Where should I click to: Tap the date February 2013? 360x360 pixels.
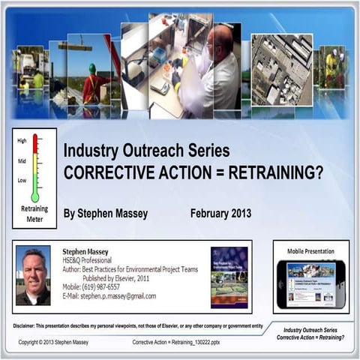click(x=220, y=213)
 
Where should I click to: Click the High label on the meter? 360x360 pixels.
click(x=22, y=141)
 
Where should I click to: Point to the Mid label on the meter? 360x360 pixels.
click(x=21, y=161)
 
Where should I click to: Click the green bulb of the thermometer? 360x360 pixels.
click(x=35, y=197)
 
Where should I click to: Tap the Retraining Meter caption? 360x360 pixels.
click(x=34, y=215)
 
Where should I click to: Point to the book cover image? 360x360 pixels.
click(x=229, y=275)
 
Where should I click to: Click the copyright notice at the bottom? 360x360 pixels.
click(x=58, y=343)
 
